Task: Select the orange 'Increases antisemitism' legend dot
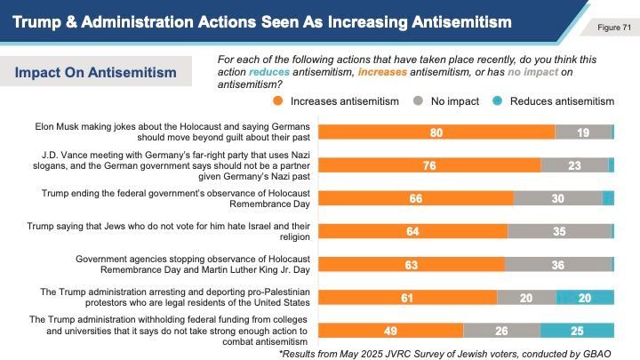(x=279, y=101)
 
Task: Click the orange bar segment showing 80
(x=436, y=132)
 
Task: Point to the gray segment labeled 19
(x=583, y=132)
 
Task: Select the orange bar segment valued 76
(x=429, y=164)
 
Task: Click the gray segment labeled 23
(x=574, y=164)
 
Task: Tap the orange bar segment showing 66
(x=415, y=198)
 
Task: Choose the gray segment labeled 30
(x=557, y=198)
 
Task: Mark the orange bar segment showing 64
(x=412, y=231)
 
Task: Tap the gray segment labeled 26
(x=501, y=331)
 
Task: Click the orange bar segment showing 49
(x=390, y=331)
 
